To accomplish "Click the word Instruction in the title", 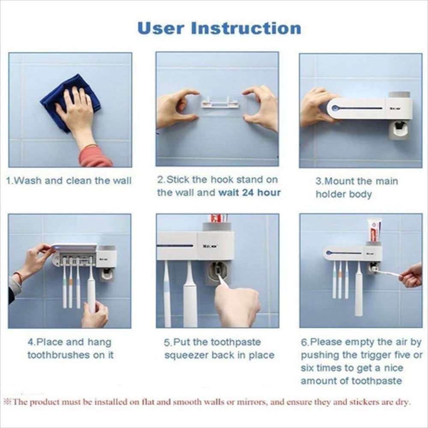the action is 246,28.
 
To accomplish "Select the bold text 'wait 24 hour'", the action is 250,193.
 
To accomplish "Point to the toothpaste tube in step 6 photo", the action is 374,231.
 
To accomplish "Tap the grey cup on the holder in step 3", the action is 399,95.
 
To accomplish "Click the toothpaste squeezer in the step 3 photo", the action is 398,130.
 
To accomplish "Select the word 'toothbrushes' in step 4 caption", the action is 59,355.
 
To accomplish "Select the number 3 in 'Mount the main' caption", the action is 318,181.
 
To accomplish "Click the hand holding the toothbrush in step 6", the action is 410,275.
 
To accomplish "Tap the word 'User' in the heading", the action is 160,28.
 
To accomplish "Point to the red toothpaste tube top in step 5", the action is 219,218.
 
